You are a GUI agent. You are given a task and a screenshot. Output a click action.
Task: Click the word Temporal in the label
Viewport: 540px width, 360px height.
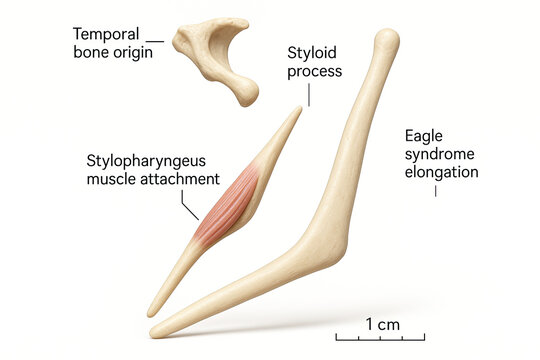tap(105, 33)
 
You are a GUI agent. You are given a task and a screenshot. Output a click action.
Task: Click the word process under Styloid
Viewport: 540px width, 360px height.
tap(314, 71)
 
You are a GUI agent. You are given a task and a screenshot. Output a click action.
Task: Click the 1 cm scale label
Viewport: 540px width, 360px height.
tap(382, 324)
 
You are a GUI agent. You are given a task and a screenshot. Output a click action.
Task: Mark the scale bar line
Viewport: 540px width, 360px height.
tap(380, 338)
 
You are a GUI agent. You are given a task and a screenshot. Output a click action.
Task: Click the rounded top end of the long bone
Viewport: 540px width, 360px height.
tap(386, 42)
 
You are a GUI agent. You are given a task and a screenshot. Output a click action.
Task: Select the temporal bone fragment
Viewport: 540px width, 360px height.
tap(216, 54)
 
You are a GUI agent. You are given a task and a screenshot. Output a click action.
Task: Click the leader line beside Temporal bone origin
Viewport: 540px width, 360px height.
tap(154, 41)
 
